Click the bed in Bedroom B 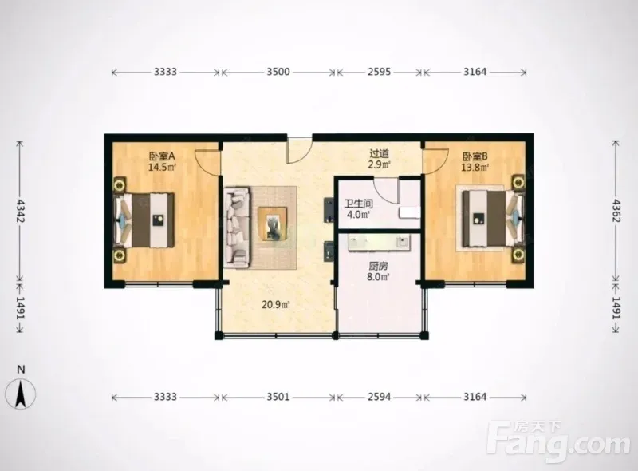[x=493, y=219]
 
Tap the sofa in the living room [x=237, y=228]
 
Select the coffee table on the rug [x=273, y=224]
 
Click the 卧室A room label [x=162, y=156]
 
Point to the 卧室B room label [x=475, y=156]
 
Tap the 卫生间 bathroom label [x=358, y=204]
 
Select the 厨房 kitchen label [x=378, y=267]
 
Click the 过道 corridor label [x=380, y=153]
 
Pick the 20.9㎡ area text [x=275, y=304]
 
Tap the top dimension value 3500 [x=278, y=72]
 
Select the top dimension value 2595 [x=380, y=72]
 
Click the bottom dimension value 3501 [x=278, y=397]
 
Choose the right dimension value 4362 [x=616, y=211]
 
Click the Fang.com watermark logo [x=558, y=441]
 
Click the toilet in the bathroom [x=410, y=212]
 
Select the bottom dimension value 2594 [x=380, y=397]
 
